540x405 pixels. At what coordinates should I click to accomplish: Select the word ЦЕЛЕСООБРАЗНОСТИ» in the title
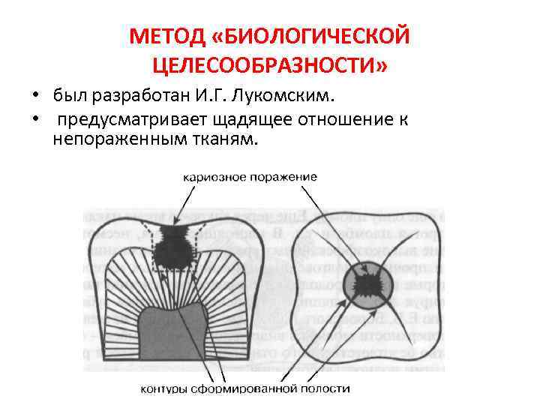pyautogui.click(x=270, y=67)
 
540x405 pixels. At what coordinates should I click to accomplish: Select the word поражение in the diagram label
pyautogui.click(x=282, y=177)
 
